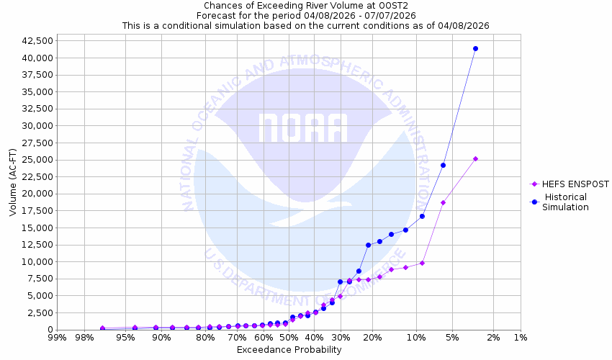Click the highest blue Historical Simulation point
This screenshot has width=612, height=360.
point(475,48)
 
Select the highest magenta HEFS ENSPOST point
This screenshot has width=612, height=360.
point(475,158)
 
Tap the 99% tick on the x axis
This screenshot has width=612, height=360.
point(57,338)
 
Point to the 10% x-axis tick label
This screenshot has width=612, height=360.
point(416,338)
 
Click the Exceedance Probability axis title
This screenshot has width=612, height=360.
point(289,350)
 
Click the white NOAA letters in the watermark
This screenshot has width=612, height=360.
point(303,128)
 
